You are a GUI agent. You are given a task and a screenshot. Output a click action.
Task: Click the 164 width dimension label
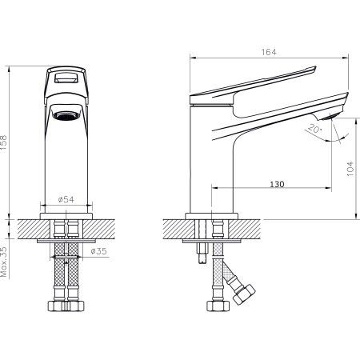tap(269, 52)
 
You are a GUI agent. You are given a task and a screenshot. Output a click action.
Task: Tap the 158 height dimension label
tap(3, 144)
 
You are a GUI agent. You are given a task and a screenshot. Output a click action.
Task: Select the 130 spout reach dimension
tap(277, 184)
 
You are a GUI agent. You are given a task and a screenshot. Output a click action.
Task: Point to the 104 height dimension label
tap(350, 169)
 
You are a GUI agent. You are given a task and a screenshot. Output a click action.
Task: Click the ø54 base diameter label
tap(66, 199)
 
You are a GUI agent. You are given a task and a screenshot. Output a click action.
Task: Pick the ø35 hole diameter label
tap(98, 251)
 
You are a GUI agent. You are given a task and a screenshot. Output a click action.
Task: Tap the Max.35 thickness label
tap(3, 262)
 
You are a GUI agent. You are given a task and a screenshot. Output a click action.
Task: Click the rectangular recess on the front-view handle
tap(66, 78)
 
